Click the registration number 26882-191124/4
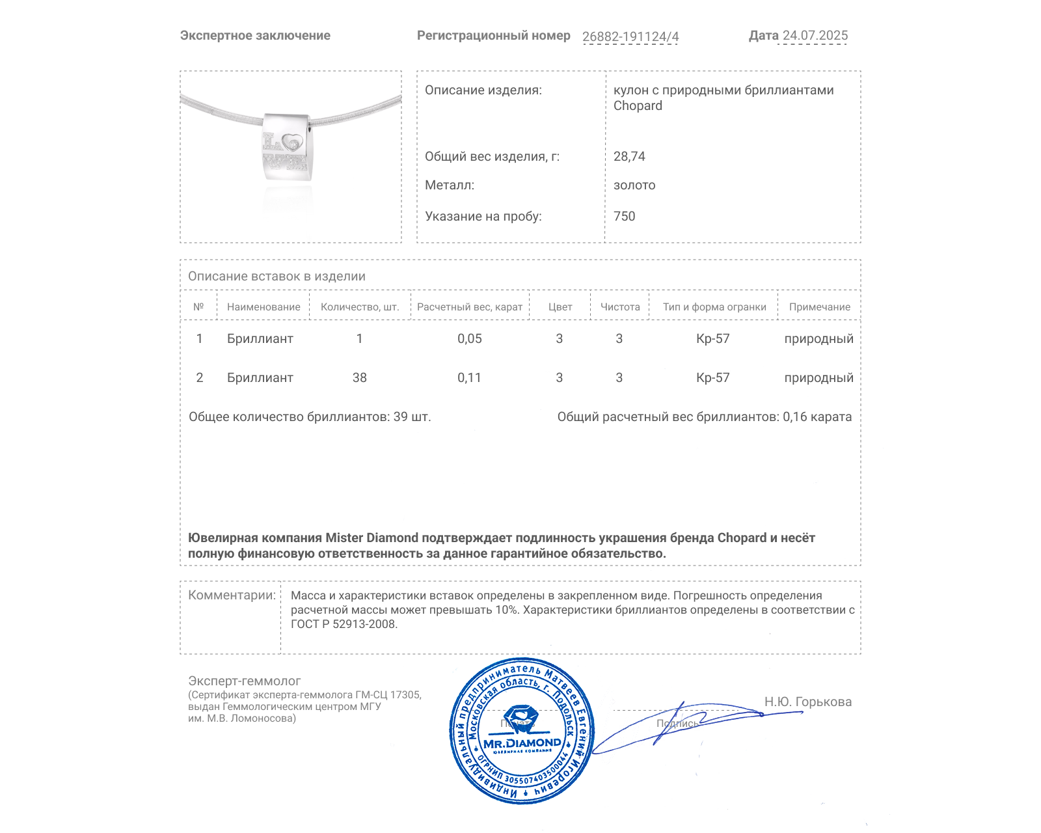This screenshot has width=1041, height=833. (630, 36)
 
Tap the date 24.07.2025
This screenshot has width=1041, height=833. (815, 36)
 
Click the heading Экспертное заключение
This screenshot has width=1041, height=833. (255, 36)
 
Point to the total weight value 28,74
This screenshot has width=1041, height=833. (629, 156)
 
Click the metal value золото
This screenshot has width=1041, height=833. (634, 185)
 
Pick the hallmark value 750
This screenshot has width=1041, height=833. (624, 216)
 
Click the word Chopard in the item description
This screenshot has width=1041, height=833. (638, 106)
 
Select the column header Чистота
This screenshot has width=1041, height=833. (620, 307)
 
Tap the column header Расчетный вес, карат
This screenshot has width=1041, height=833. (470, 307)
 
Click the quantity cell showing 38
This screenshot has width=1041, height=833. (359, 377)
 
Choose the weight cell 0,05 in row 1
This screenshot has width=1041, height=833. (469, 338)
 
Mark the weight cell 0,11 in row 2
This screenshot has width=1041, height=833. (469, 377)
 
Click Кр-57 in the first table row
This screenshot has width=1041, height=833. (712, 338)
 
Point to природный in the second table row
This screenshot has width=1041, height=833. (818, 377)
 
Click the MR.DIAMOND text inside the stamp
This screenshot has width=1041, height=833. (522, 743)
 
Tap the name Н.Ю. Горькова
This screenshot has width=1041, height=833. (807, 702)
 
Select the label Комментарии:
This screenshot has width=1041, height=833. (232, 595)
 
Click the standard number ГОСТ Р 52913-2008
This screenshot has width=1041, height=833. (343, 624)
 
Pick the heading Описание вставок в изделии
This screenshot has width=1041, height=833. (277, 276)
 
